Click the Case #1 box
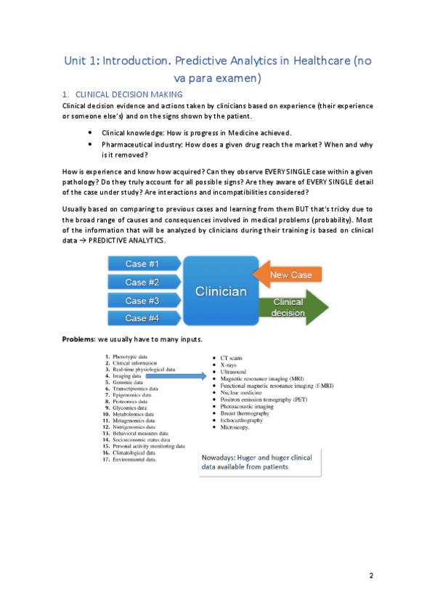[x=142, y=263]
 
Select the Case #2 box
[x=142, y=282]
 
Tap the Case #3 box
[x=142, y=300]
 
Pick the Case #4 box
[x=142, y=318]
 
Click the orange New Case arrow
[x=288, y=275]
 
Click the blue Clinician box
[x=220, y=291]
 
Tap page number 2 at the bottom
[x=370, y=576]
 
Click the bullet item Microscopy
[x=235, y=427]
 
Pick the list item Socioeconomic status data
[x=142, y=439]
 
